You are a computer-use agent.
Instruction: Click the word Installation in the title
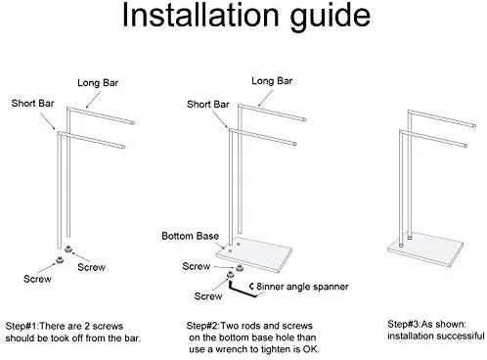point(200,15)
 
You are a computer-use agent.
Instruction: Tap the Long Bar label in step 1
point(98,83)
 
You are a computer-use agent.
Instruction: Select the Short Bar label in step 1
point(32,104)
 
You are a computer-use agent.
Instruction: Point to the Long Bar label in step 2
point(272,81)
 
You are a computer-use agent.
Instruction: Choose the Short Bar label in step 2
point(208,105)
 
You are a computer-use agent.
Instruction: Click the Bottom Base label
point(190,236)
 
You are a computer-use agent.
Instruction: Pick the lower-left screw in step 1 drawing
point(60,259)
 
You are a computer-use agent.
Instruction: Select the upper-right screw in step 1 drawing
point(68,249)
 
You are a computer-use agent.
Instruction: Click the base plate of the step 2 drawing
point(254,254)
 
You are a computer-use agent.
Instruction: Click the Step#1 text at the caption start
point(22,326)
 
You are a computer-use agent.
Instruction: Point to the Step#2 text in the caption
point(202,326)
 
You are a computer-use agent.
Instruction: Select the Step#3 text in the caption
point(404,325)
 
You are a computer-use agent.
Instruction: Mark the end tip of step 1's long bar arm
point(133,123)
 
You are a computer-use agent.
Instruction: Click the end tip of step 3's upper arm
point(474,125)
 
